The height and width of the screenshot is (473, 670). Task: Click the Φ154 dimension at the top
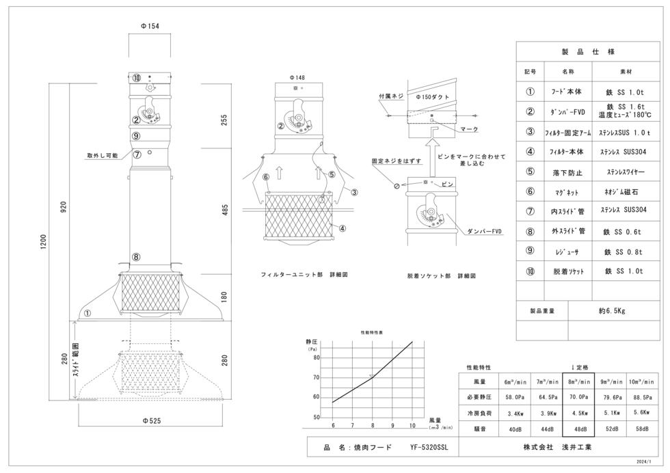pyautogui.click(x=150, y=26)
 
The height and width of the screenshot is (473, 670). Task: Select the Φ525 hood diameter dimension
pyautogui.click(x=152, y=421)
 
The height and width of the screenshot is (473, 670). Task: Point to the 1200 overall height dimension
pyautogui.click(x=43, y=242)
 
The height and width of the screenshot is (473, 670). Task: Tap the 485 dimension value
pyautogui.click(x=225, y=211)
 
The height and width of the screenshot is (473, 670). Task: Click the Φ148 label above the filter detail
pyautogui.click(x=297, y=78)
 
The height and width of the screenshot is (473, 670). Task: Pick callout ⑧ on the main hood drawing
pyautogui.click(x=136, y=257)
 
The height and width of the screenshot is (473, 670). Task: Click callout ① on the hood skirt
pyautogui.click(x=88, y=313)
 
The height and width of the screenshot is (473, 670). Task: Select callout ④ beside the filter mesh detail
pyautogui.click(x=342, y=228)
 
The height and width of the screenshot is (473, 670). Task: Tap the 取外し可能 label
pyautogui.click(x=102, y=156)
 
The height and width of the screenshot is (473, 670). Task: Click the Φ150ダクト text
pyautogui.click(x=432, y=97)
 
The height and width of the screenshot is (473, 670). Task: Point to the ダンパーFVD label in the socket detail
pyautogui.click(x=484, y=231)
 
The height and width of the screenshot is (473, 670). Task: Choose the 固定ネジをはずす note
pyautogui.click(x=396, y=161)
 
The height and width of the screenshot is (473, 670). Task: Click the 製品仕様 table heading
pyautogui.click(x=588, y=52)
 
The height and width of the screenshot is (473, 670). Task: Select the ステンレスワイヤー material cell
pyautogui.click(x=626, y=172)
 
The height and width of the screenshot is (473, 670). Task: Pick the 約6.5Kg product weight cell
pyautogui.click(x=612, y=310)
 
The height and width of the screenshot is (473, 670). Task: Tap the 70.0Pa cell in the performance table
pyautogui.click(x=578, y=397)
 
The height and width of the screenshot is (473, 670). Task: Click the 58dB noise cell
pyautogui.click(x=642, y=429)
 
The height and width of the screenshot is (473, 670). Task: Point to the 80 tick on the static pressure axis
pyautogui.click(x=316, y=357)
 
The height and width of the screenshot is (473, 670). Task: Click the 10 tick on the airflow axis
pyautogui.click(x=412, y=426)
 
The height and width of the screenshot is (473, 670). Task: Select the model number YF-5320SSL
pyautogui.click(x=429, y=447)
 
